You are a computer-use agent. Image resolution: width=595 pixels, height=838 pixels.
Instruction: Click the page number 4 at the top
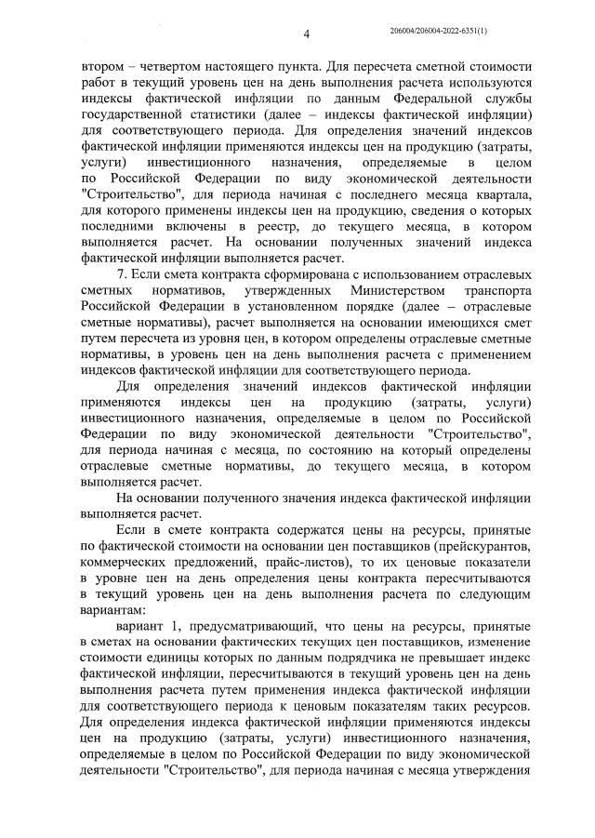pos(306,34)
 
